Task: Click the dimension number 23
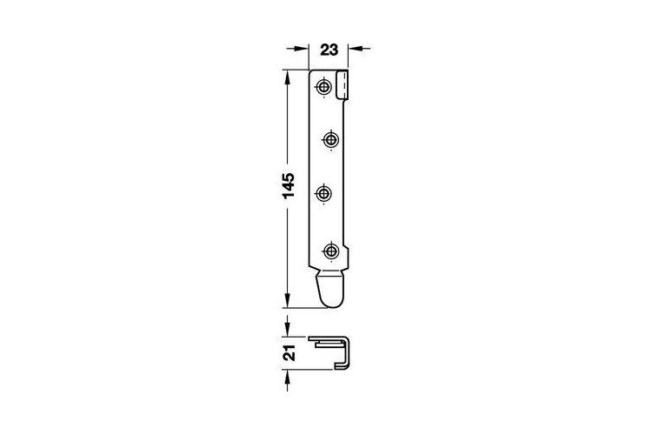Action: coord(329,50)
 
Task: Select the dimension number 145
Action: coord(289,184)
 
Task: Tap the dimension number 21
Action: coord(289,352)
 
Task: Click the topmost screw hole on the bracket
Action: coord(323,87)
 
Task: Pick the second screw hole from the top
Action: coord(330,140)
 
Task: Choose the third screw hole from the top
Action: coord(323,193)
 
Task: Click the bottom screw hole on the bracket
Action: coord(330,251)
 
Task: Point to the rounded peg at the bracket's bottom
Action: coord(331,289)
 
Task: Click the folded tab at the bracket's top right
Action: coord(342,85)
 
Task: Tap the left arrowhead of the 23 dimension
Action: coord(301,49)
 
